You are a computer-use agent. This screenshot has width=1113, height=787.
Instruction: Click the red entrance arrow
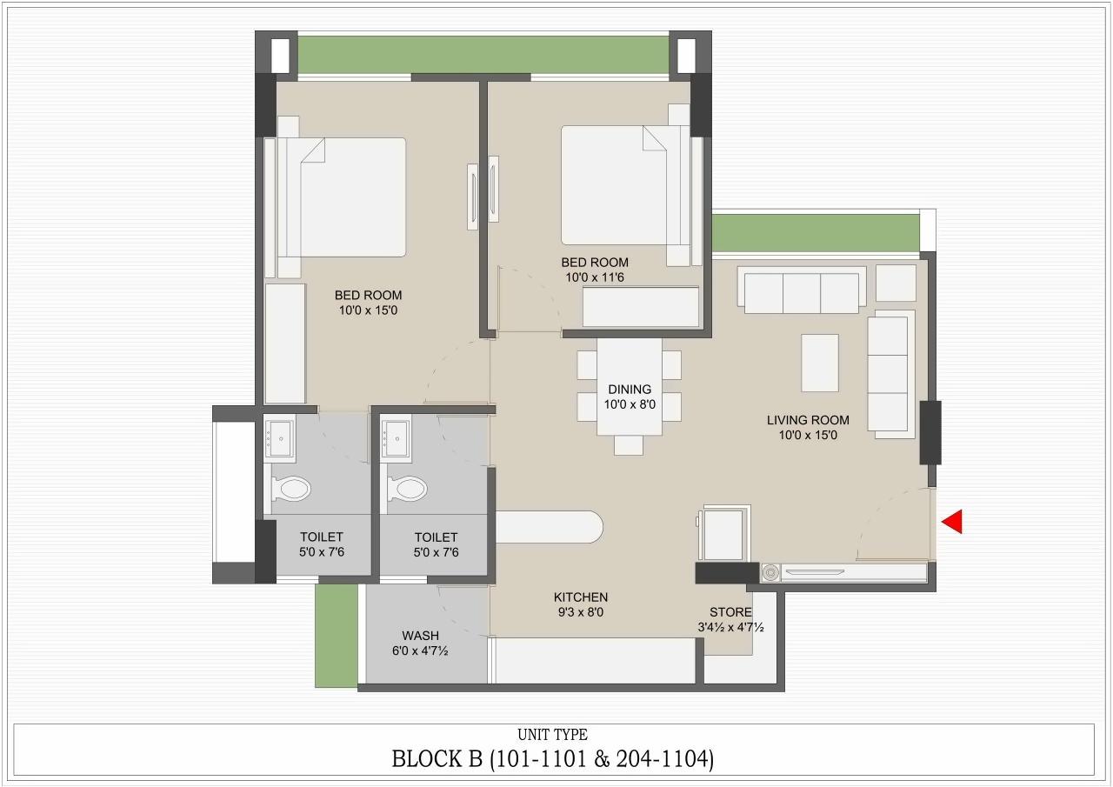click(x=952, y=521)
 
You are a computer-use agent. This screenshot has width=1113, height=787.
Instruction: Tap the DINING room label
click(x=630, y=390)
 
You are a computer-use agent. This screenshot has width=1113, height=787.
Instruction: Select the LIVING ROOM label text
click(x=808, y=420)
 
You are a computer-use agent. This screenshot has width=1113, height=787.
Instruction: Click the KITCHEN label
click(x=580, y=597)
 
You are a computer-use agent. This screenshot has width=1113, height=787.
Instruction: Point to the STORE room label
click(x=730, y=612)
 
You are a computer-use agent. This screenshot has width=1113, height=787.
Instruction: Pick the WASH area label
click(x=420, y=636)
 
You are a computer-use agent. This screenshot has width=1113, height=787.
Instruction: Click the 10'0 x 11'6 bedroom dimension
click(x=595, y=277)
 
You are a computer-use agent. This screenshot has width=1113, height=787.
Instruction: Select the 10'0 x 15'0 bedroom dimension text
click(x=368, y=310)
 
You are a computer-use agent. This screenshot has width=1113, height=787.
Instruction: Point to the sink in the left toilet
click(x=280, y=438)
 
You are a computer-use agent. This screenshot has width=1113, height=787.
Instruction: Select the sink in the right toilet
click(x=396, y=438)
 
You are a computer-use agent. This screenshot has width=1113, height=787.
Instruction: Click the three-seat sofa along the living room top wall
click(x=802, y=291)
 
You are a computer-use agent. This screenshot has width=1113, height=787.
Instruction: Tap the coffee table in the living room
click(x=819, y=363)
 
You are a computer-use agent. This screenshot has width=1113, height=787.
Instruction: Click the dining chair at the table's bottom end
click(x=629, y=445)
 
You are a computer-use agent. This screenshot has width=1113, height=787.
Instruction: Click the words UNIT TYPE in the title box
click(x=552, y=735)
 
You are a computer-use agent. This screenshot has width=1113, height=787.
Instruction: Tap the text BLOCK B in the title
click(x=437, y=759)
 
